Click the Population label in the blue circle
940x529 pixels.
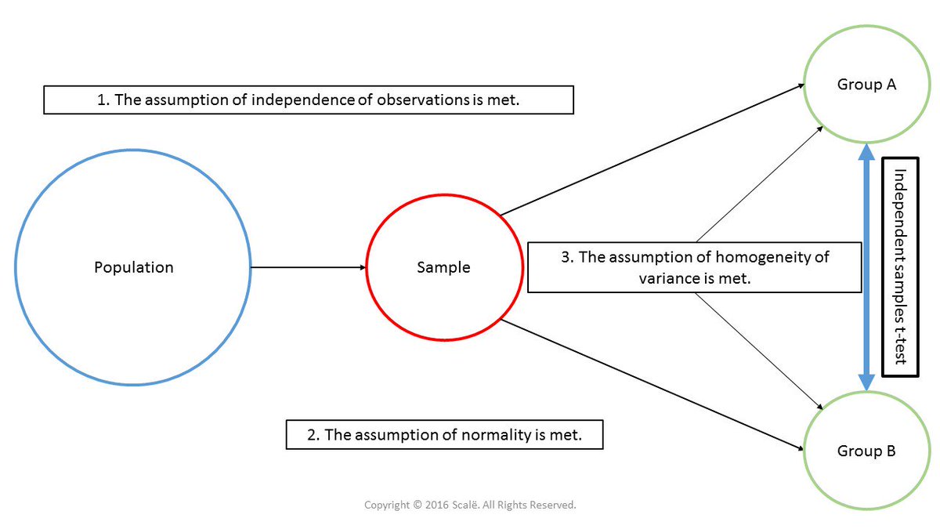133,267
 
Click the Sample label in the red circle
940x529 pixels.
443,267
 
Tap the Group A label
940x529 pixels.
866,85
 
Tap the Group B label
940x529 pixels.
866,451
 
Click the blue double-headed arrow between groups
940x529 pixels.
866,267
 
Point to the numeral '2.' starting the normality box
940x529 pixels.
313,435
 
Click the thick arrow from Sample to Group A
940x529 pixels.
650,149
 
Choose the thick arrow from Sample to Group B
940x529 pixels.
650,384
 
